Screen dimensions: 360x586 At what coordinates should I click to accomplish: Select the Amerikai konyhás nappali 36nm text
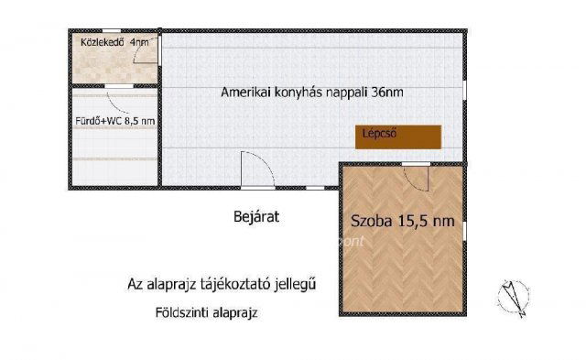[312, 93]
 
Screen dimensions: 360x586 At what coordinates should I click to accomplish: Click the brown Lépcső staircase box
[398, 135]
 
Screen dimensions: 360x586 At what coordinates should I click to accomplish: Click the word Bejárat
[255, 218]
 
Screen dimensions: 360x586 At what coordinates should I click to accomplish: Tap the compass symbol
[513, 296]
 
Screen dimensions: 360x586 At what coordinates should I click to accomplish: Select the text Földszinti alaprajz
[206, 312]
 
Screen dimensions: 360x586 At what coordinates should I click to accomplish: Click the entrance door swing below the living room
[255, 170]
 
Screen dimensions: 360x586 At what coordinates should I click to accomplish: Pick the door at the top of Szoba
[416, 166]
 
